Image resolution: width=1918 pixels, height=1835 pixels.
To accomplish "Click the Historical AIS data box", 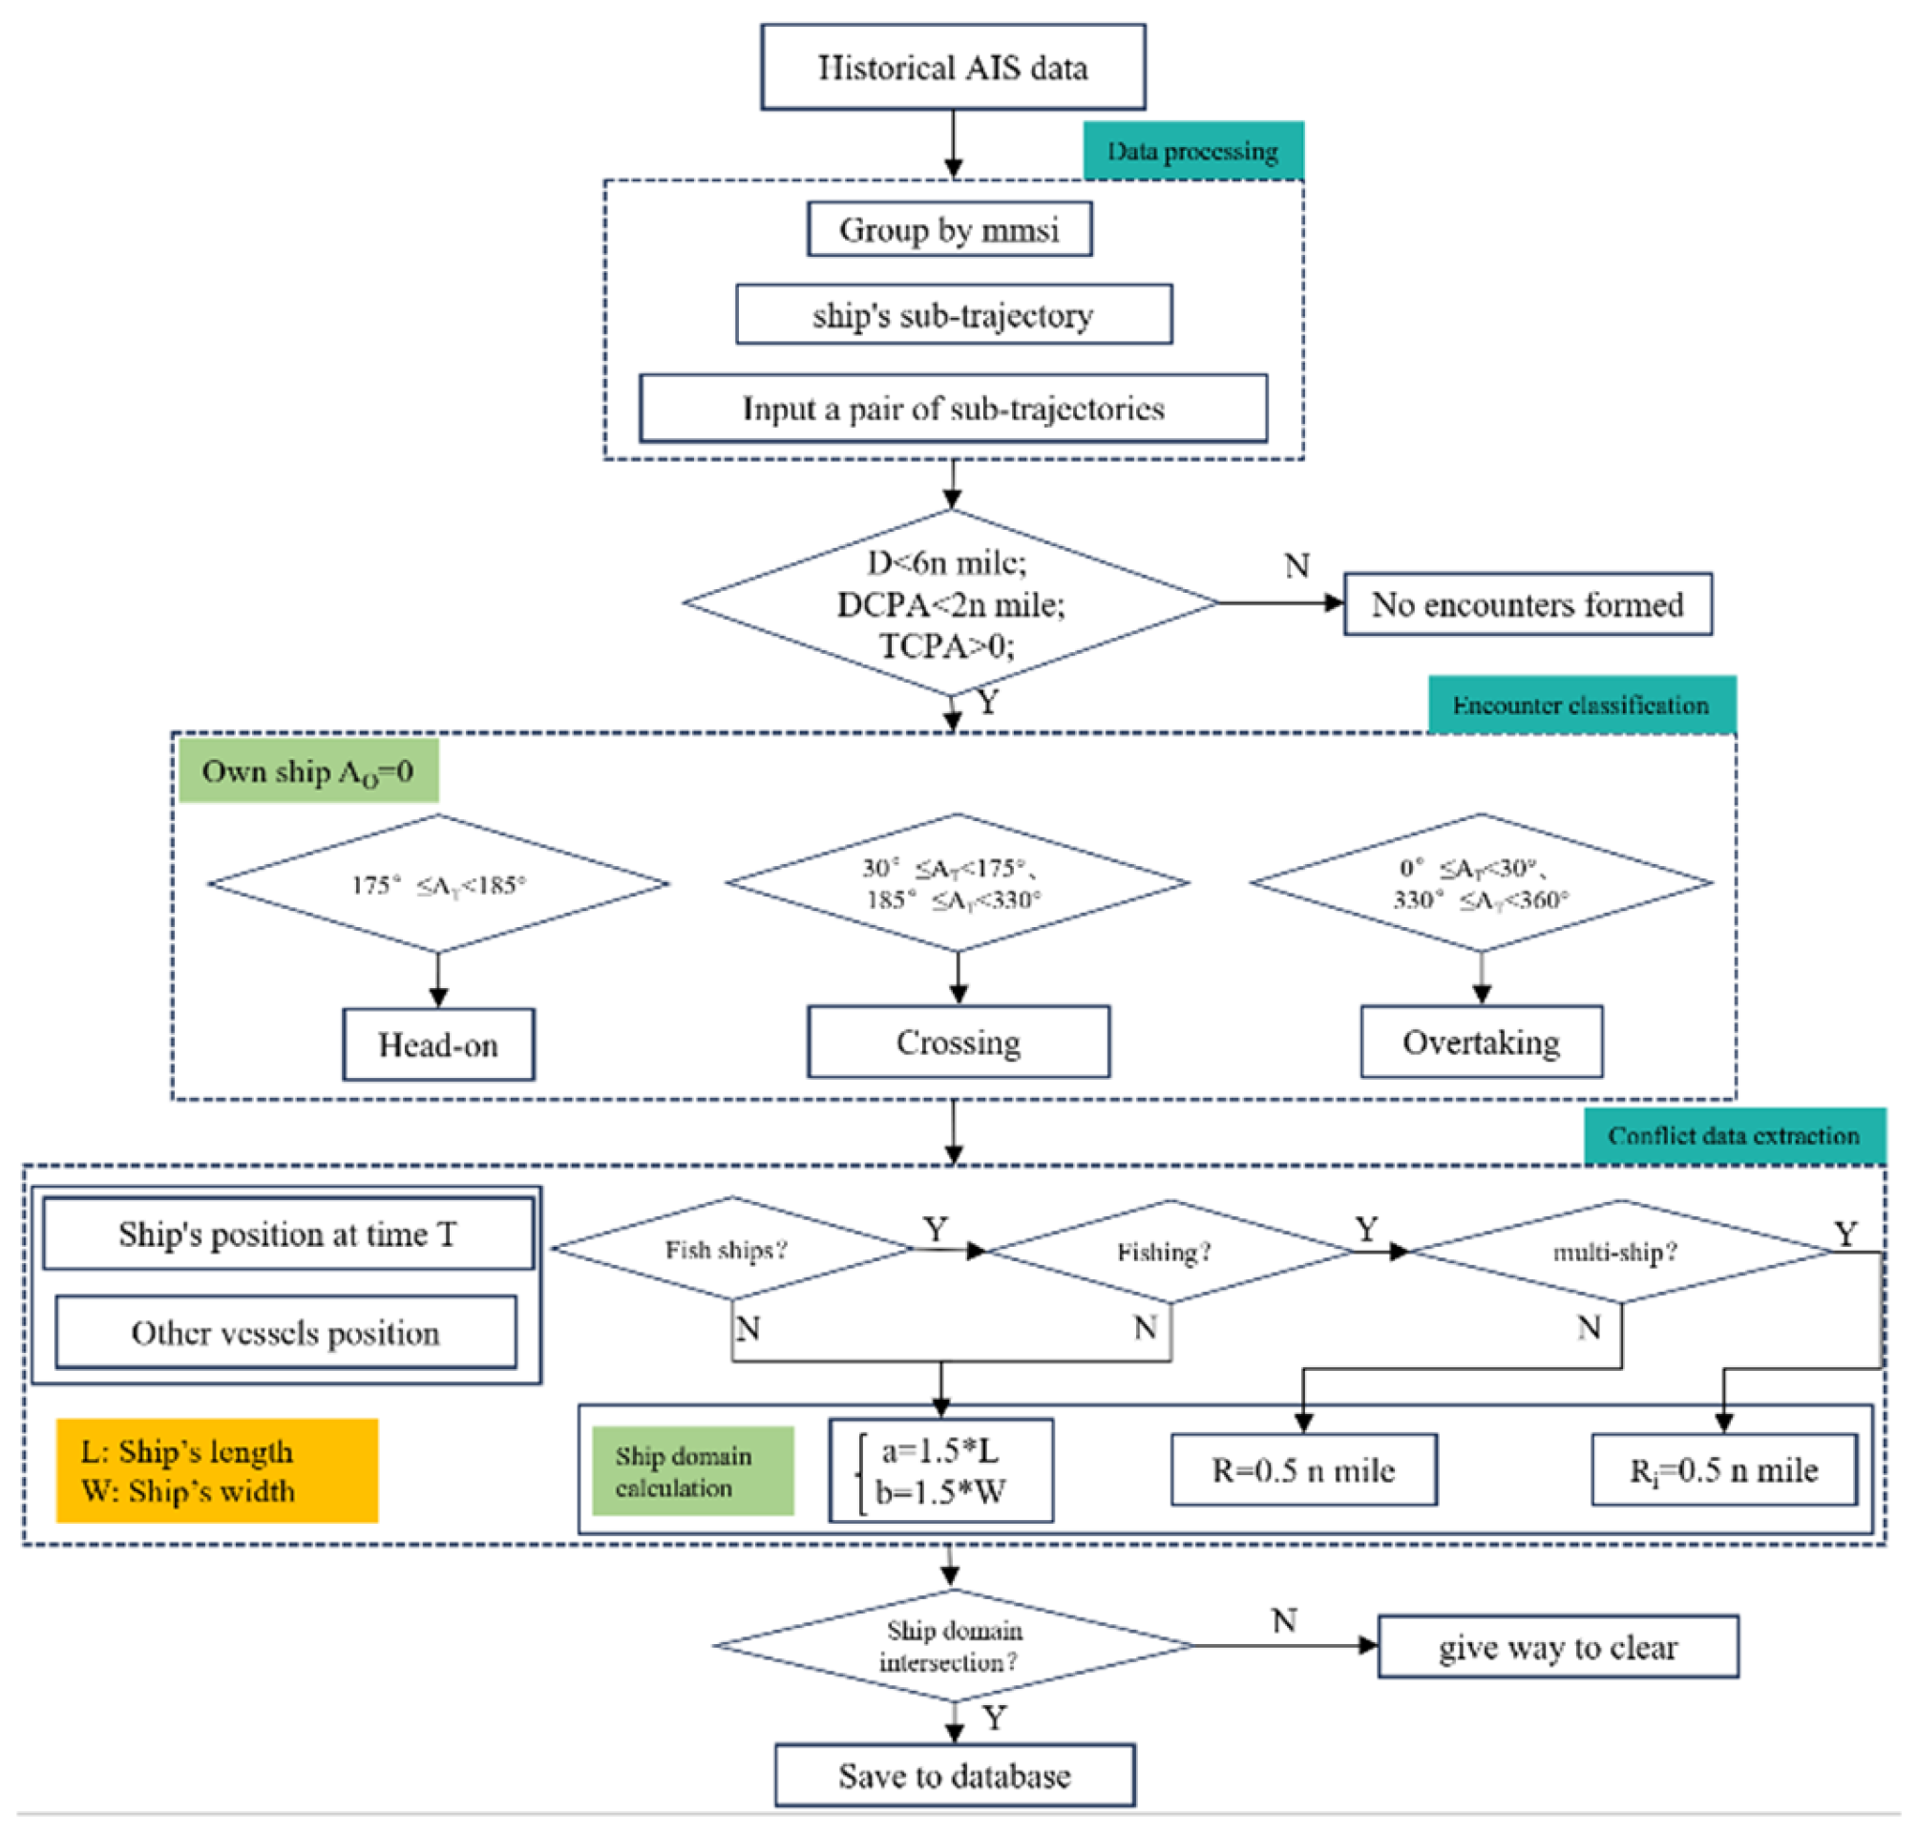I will (952, 67).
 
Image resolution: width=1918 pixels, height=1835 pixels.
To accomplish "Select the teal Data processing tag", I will (1191, 151).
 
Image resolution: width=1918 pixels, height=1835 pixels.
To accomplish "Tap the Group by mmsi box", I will (949, 229).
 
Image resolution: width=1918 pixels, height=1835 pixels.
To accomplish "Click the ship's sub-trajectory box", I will (953, 314).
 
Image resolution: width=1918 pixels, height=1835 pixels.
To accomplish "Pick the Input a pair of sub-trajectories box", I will (953, 408).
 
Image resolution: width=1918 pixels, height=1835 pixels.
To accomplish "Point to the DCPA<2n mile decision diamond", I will (951, 603).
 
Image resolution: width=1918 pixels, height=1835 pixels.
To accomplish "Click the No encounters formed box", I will (1527, 603).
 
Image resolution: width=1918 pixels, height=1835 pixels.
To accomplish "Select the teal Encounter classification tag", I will (1581, 705).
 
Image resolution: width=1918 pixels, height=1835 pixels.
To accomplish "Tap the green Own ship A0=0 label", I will (308, 770).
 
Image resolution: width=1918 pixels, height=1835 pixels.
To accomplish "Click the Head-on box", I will (438, 1044).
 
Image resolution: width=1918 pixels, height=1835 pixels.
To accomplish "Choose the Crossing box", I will (958, 1042).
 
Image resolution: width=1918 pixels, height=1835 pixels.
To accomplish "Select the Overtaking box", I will (1480, 1042).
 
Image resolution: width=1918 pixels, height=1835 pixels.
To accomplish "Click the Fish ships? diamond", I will (729, 1249).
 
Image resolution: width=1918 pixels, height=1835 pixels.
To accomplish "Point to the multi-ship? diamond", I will (1619, 1251).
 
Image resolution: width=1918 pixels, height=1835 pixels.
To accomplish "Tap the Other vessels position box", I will (285, 1331).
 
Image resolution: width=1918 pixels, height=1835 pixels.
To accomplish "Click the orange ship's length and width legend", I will (216, 1469).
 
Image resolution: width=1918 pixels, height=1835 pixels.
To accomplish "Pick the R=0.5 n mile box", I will (1303, 1469).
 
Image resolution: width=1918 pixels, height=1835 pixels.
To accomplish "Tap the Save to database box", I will (954, 1774).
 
